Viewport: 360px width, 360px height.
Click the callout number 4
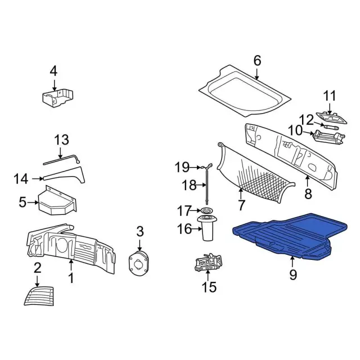(53, 71)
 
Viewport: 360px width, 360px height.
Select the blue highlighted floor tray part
(290, 236)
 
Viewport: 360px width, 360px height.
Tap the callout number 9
(293, 274)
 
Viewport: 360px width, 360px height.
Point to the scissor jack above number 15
(209, 262)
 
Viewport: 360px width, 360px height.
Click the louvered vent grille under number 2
(39, 296)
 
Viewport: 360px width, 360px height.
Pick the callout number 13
(61, 140)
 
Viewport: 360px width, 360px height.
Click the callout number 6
(258, 61)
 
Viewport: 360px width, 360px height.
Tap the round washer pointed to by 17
(206, 210)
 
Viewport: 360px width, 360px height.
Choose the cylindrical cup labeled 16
(208, 228)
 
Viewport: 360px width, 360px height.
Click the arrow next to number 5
(33, 202)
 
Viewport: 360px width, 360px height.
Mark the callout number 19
(182, 168)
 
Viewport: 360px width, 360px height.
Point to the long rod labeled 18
(208, 187)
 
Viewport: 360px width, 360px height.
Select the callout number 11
(330, 96)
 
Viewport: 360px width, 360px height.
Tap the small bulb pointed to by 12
(330, 127)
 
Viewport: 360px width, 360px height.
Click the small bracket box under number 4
(57, 98)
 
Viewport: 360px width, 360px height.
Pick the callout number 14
(21, 179)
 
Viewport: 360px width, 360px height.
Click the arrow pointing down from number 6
(257, 74)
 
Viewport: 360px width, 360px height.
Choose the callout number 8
(308, 193)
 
